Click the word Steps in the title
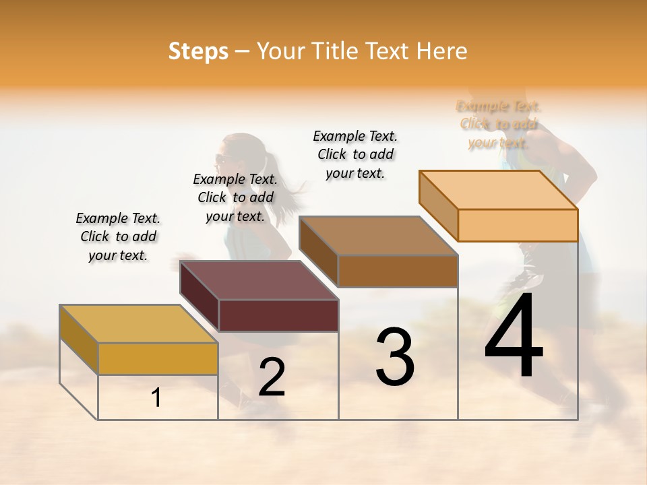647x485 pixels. (198, 51)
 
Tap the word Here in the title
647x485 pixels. (441, 51)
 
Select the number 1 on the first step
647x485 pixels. (156, 398)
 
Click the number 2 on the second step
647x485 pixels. (272, 378)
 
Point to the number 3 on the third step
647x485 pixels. (394, 357)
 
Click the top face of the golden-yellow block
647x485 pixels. (138, 324)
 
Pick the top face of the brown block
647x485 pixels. (378, 236)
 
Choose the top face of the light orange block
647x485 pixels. (499, 190)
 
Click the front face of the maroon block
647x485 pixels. (278, 315)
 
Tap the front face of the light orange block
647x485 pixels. (518, 225)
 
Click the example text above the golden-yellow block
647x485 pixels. (118, 237)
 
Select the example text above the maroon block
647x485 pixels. (235, 197)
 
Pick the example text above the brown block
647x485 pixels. (355, 154)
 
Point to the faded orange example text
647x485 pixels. (499, 124)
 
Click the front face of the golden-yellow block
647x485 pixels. (158, 358)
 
